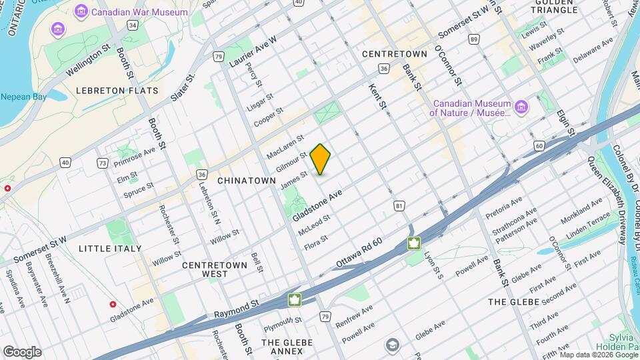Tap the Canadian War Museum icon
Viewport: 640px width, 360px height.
coord(81,11)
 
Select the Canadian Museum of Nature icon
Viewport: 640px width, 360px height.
coord(521,107)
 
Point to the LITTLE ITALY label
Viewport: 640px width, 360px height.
coord(110,249)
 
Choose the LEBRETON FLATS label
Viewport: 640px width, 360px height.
coord(117,90)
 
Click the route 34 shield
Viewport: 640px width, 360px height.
coord(133,25)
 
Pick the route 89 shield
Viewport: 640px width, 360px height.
coord(473,40)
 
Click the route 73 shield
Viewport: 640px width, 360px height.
coord(102,163)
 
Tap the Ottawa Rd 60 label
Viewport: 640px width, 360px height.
coord(359,256)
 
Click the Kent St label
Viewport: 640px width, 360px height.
coord(378,95)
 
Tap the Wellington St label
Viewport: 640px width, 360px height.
coord(88,59)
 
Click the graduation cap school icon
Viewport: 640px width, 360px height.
coord(393,345)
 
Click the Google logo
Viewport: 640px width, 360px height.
coord(22,351)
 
